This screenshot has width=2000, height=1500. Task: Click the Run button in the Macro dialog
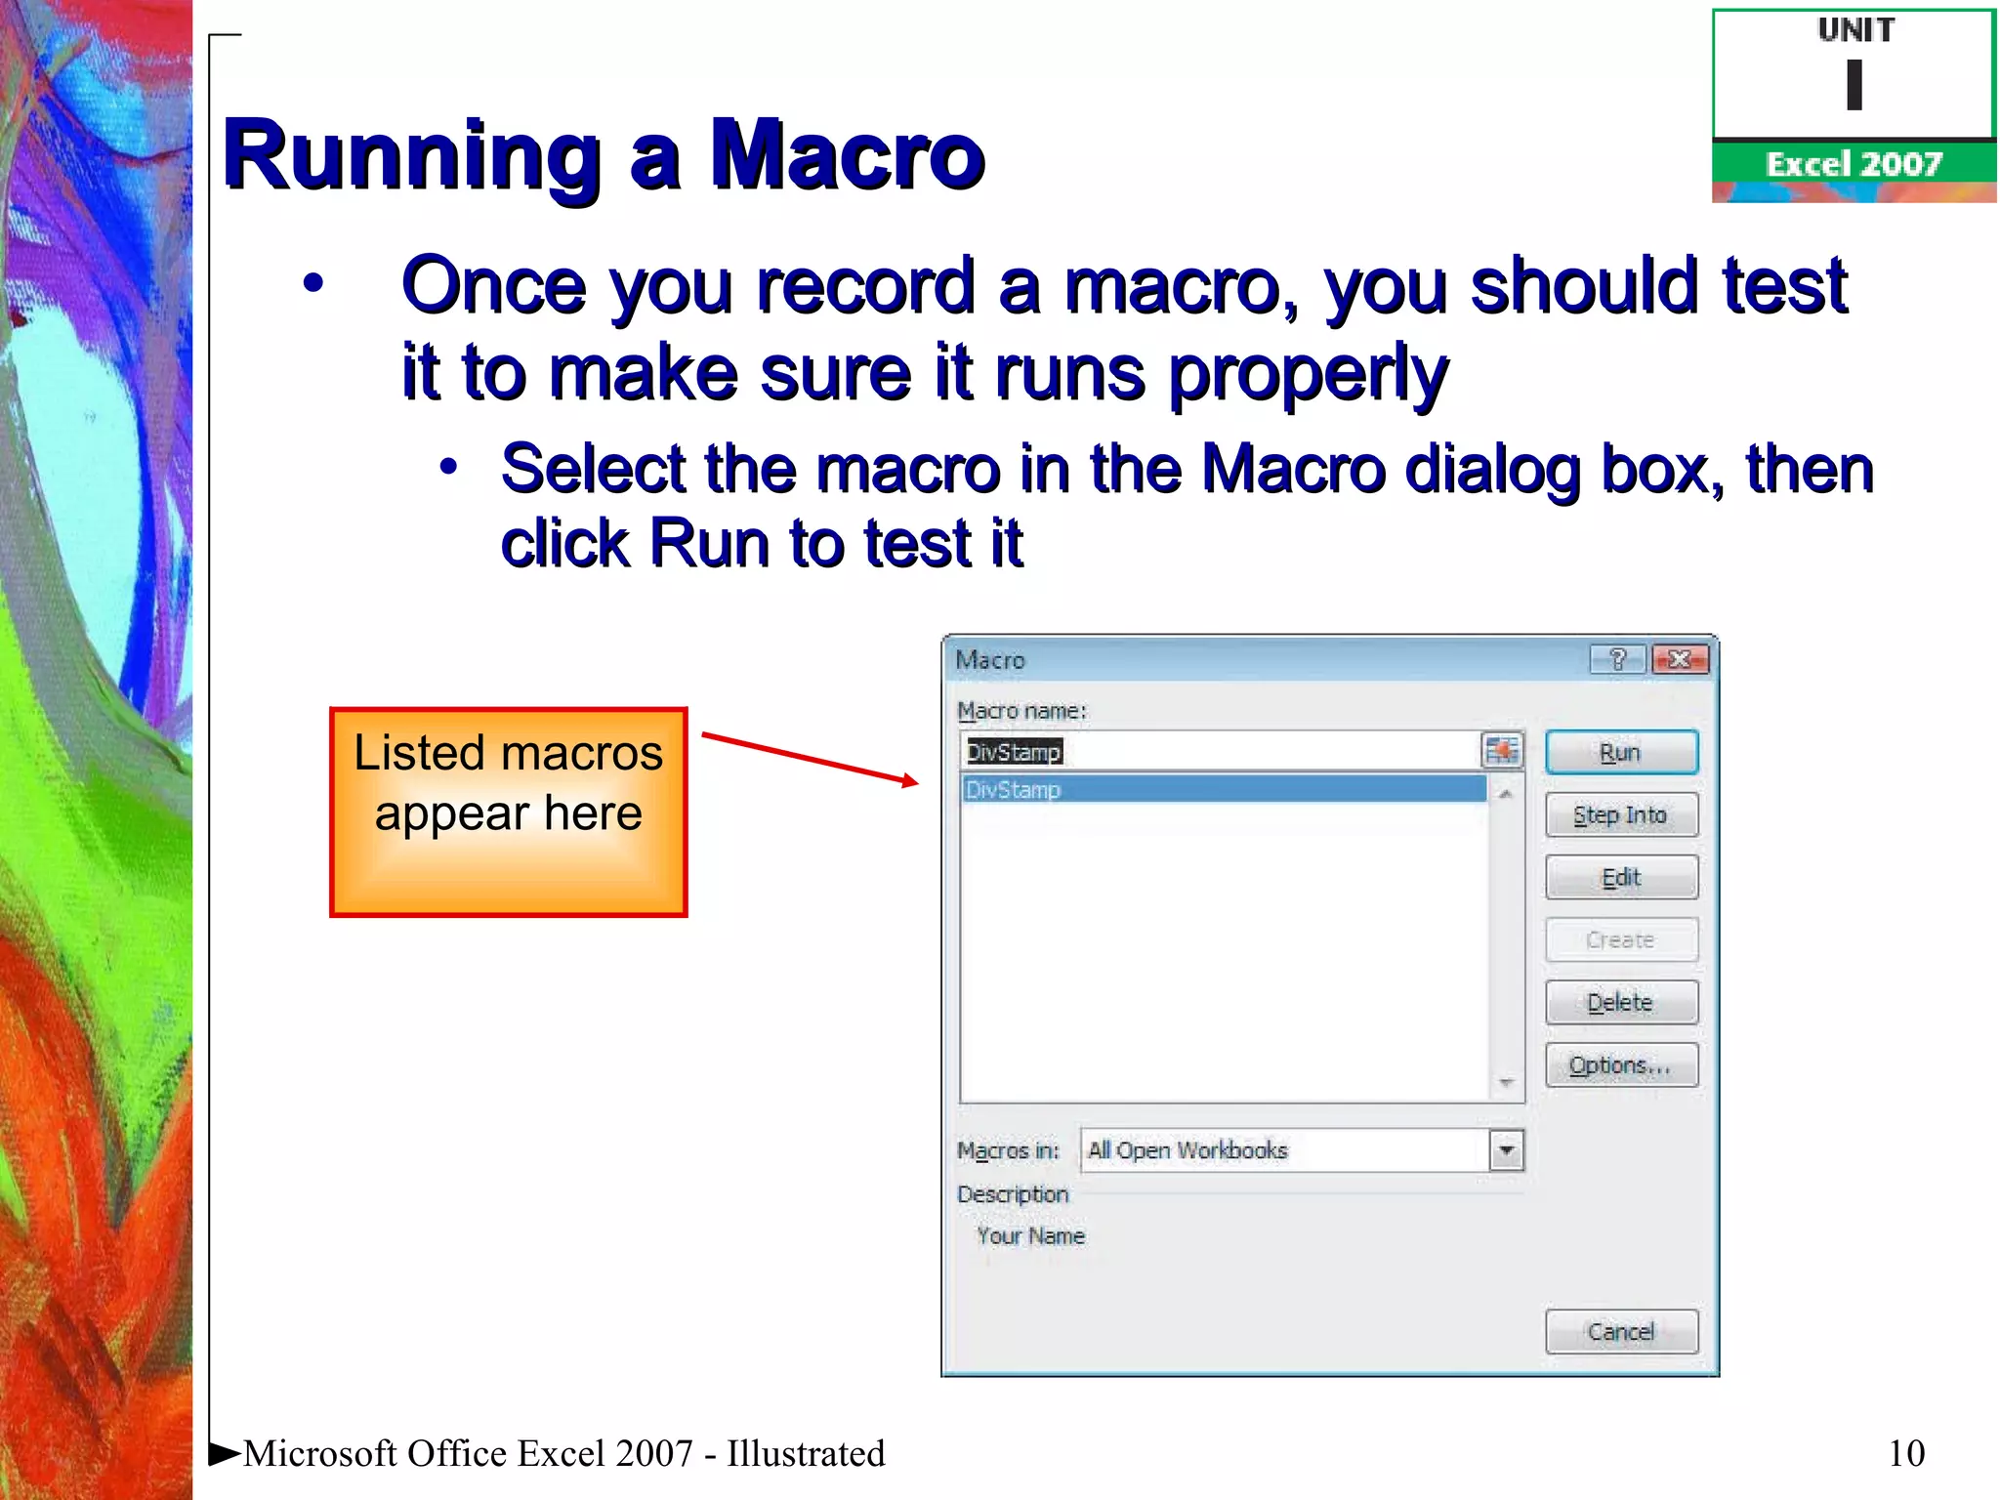point(1620,753)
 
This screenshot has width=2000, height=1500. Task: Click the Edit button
point(1620,878)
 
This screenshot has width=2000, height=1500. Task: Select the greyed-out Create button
point(1620,940)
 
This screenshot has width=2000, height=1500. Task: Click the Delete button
point(1620,1003)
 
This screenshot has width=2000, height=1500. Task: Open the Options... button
point(1620,1065)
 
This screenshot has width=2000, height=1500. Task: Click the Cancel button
point(1620,1332)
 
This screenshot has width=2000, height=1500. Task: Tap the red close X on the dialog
point(1680,660)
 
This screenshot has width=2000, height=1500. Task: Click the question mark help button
point(1617,660)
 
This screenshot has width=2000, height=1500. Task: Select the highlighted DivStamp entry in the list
point(1221,790)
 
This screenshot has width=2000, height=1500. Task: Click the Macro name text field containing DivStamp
point(1221,752)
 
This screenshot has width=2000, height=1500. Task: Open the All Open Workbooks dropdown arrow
point(1506,1150)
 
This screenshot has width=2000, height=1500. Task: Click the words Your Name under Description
point(1030,1236)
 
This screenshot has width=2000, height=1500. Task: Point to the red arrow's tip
point(916,781)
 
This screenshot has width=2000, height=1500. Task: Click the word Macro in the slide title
point(846,156)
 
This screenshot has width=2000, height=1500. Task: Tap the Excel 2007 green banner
point(1853,164)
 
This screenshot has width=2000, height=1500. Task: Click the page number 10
point(1906,1453)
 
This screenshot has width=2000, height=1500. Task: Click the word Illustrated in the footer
point(806,1453)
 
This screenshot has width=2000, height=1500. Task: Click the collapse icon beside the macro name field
point(1502,751)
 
